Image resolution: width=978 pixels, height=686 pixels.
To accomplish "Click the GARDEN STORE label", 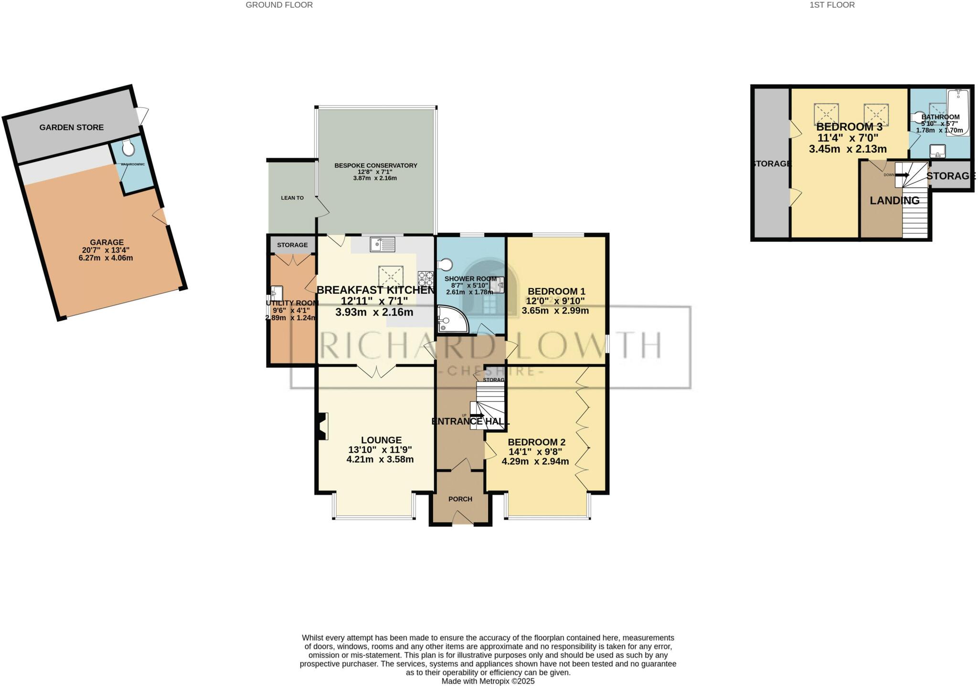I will click(x=71, y=127).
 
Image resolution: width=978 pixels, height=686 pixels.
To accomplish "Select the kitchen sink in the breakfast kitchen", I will click(x=383, y=245).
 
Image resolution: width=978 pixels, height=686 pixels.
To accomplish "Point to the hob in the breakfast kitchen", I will click(x=425, y=278).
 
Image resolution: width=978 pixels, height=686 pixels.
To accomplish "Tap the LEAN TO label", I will click(x=292, y=197).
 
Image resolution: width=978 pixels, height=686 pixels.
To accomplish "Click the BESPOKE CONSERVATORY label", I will click(x=375, y=166).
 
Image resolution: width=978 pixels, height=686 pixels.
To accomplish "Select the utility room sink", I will click(x=277, y=291).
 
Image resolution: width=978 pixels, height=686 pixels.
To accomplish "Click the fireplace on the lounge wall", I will click(x=322, y=426).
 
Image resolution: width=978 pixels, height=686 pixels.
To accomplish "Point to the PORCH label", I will click(x=460, y=499).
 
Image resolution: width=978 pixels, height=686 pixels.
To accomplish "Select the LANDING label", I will click(x=894, y=200).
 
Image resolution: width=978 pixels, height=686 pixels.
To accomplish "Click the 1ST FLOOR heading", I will click(x=839, y=5).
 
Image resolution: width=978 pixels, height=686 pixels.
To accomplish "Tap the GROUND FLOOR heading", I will click(x=279, y=5).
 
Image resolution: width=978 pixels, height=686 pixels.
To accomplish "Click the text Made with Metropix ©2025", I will click(x=488, y=681).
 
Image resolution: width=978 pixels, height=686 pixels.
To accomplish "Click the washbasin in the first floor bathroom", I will click(x=937, y=151).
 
